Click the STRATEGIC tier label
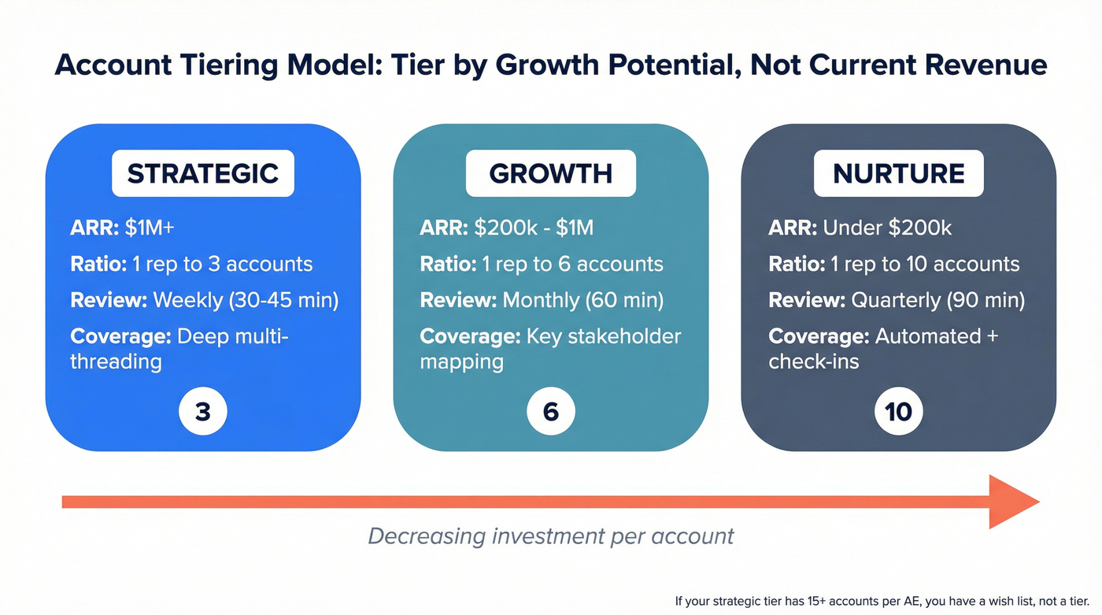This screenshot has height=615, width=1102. (203, 173)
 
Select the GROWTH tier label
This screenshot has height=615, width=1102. (550, 173)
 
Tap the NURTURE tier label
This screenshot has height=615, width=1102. (899, 173)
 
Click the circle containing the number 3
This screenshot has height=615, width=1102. (203, 411)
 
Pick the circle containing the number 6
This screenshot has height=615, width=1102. (551, 411)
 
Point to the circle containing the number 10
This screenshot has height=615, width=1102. (899, 411)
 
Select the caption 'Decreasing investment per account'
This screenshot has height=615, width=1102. (550, 536)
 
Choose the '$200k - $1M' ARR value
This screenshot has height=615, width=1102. (534, 228)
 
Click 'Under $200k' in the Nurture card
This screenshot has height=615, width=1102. (887, 228)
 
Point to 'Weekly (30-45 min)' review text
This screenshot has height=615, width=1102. (246, 300)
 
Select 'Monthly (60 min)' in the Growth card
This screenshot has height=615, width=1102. (582, 300)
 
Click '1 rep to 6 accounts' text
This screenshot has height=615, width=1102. (573, 264)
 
